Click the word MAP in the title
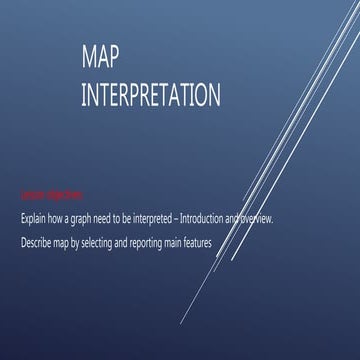[98, 61]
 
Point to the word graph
[78, 216]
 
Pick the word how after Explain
[55, 216]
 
